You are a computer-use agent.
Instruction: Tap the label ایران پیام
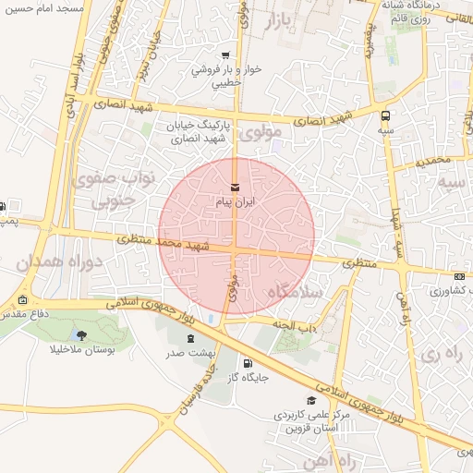click(x=235, y=200)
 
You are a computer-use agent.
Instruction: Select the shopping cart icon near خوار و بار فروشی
click(x=226, y=55)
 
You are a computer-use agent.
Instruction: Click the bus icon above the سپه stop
click(x=385, y=116)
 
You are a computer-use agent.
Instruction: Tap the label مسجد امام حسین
click(x=42, y=7)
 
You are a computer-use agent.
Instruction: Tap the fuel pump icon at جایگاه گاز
click(x=247, y=364)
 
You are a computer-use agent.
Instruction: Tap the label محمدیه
click(x=433, y=160)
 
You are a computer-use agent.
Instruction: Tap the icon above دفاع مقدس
click(x=22, y=300)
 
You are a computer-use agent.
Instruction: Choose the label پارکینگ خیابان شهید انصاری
click(x=200, y=133)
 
